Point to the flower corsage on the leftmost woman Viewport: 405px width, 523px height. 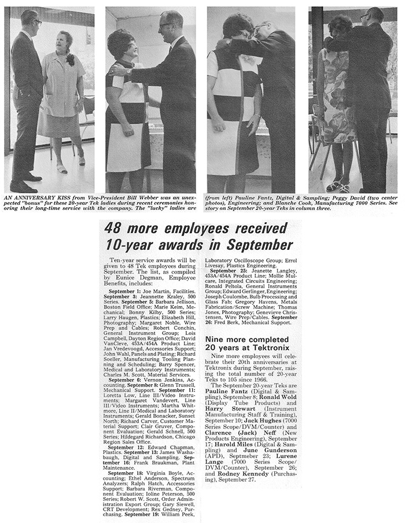click(x=71, y=59)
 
